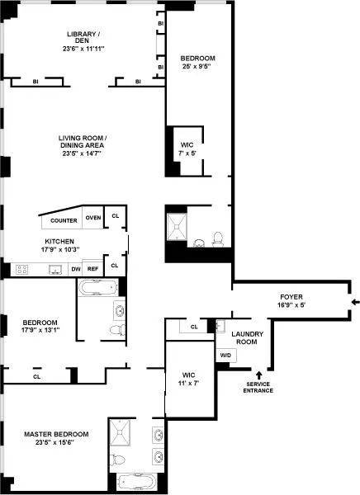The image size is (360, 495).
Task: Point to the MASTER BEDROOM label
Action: [55, 434]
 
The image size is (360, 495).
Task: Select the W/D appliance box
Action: [225, 356]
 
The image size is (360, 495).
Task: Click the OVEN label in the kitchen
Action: [92, 218]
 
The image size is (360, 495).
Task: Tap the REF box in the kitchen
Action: [92, 269]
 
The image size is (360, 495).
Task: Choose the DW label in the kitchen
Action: [75, 269]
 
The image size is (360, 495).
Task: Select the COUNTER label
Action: [64, 221]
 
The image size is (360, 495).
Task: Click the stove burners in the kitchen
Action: [22, 269]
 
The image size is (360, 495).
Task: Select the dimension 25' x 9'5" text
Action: [197, 68]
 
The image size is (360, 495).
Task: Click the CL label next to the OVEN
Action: [115, 216]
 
